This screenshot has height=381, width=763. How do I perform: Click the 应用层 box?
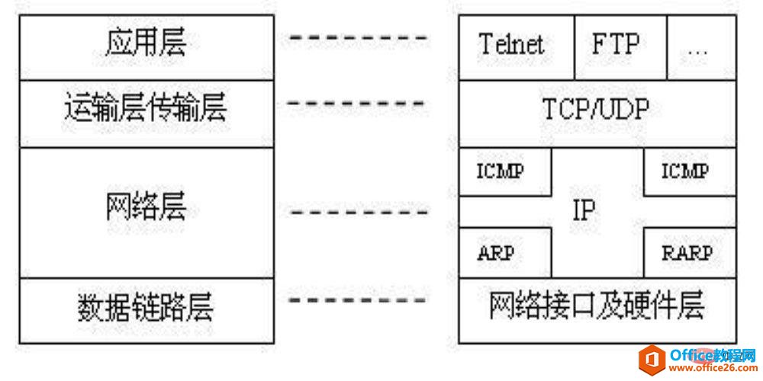click(146, 47)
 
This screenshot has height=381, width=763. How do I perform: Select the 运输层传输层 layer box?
click(146, 114)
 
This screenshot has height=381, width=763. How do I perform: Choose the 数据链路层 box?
click(146, 311)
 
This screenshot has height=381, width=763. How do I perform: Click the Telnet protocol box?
click(517, 47)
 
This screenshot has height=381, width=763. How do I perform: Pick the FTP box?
click(621, 47)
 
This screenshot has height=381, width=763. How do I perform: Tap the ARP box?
click(506, 253)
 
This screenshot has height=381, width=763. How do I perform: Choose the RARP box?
click(690, 253)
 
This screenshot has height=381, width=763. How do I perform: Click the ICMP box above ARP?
click(506, 172)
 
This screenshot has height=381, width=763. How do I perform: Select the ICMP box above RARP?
click(690, 172)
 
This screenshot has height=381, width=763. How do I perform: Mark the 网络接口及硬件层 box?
click(597, 311)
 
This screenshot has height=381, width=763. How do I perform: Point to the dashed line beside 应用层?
click(359, 37)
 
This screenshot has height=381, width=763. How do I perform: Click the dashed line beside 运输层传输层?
click(356, 103)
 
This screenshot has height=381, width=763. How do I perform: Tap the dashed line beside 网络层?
click(359, 213)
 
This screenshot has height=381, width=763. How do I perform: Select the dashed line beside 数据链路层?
click(358, 299)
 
